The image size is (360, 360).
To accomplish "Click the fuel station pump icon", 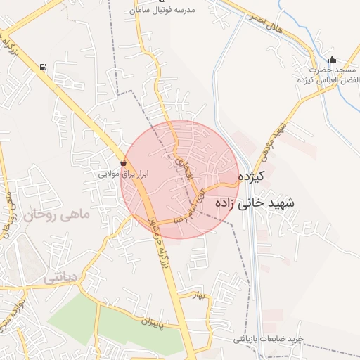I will tap(44, 67).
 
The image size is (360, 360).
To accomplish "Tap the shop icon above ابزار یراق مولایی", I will tap(124, 162).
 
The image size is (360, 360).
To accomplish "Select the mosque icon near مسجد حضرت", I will tap(333, 60).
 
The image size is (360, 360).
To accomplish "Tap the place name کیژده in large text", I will tap(250, 176).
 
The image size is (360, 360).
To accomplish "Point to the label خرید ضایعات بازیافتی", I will tap(268, 339).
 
